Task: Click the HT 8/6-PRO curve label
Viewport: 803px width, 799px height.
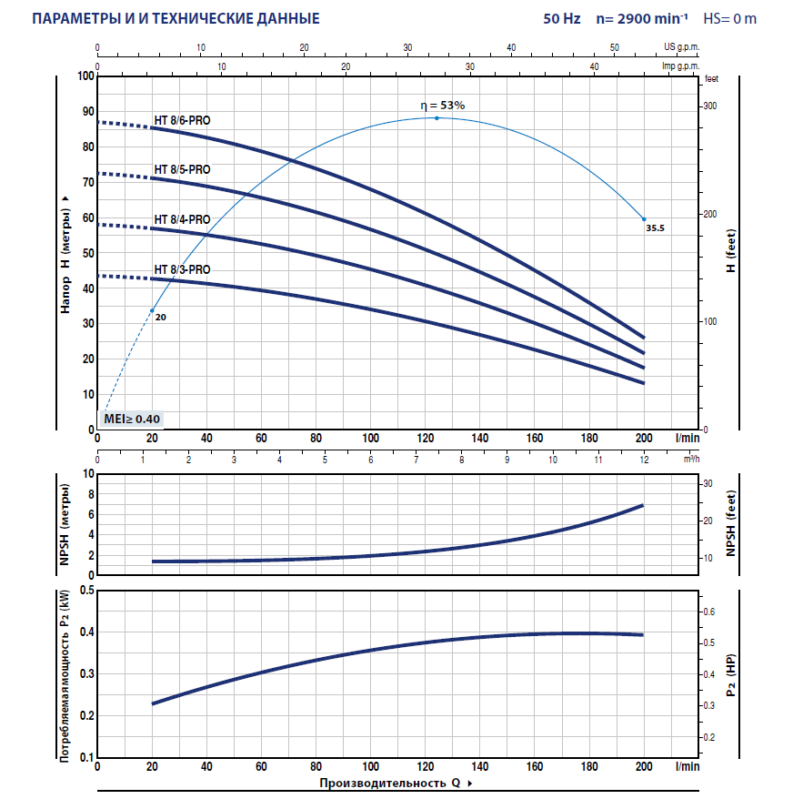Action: (x=183, y=120)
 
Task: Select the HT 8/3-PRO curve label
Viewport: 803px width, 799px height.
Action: (x=183, y=269)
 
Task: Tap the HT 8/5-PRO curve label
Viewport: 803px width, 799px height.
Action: (x=183, y=169)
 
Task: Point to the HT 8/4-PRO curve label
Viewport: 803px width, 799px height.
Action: (x=183, y=219)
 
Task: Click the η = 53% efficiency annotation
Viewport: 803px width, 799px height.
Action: (x=442, y=106)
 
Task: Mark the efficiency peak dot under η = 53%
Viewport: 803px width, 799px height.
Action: (x=437, y=118)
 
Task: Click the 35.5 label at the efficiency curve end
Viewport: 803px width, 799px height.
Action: (x=656, y=229)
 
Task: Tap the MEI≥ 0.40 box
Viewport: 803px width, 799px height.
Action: (x=133, y=419)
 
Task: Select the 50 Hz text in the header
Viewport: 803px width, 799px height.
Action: (x=562, y=18)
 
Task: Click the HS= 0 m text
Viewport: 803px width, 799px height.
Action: (x=731, y=18)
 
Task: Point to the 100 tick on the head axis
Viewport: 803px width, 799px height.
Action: (x=86, y=76)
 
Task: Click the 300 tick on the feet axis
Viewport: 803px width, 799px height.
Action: (x=708, y=106)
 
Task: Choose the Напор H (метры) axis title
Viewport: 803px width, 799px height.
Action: (x=65, y=253)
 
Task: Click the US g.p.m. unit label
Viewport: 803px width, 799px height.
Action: (x=682, y=45)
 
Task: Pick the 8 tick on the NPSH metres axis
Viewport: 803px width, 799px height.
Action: (x=89, y=494)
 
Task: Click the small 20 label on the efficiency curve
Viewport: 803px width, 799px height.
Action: (x=161, y=318)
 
